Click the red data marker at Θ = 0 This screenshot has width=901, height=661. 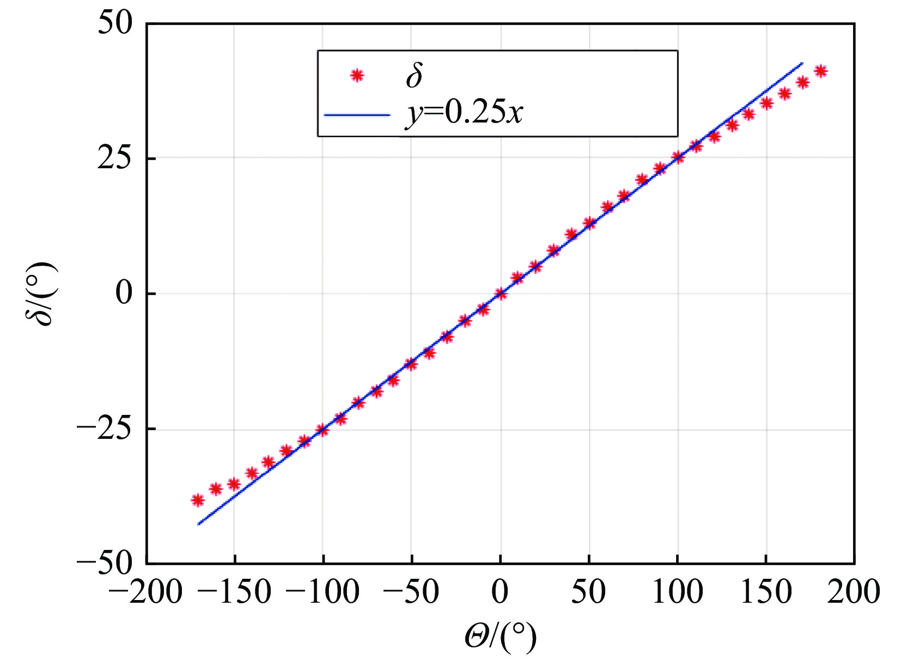click(x=500, y=294)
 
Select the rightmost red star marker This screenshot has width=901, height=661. click(x=820, y=71)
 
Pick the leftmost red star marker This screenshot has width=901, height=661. click(x=198, y=500)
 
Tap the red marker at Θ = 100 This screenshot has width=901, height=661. click(x=678, y=157)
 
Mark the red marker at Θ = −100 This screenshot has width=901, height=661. click(x=322, y=430)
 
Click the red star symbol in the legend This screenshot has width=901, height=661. click(x=357, y=75)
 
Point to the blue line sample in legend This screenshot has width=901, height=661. click(x=357, y=115)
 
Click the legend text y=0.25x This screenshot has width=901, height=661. click(x=464, y=113)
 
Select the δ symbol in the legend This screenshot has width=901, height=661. click(x=414, y=75)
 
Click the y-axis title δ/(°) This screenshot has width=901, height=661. click(x=41, y=293)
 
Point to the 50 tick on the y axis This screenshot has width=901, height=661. click(x=115, y=24)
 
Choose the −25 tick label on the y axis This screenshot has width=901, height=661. click(x=104, y=429)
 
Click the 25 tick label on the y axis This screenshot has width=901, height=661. click(x=115, y=158)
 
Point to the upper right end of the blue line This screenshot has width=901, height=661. click(x=802, y=63)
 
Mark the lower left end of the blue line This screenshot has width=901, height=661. click(x=198, y=524)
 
